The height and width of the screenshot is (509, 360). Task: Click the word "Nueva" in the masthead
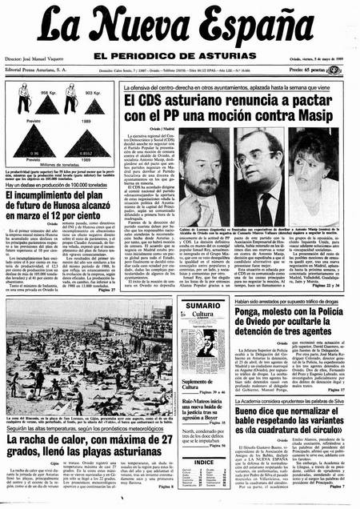pos(155,30)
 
